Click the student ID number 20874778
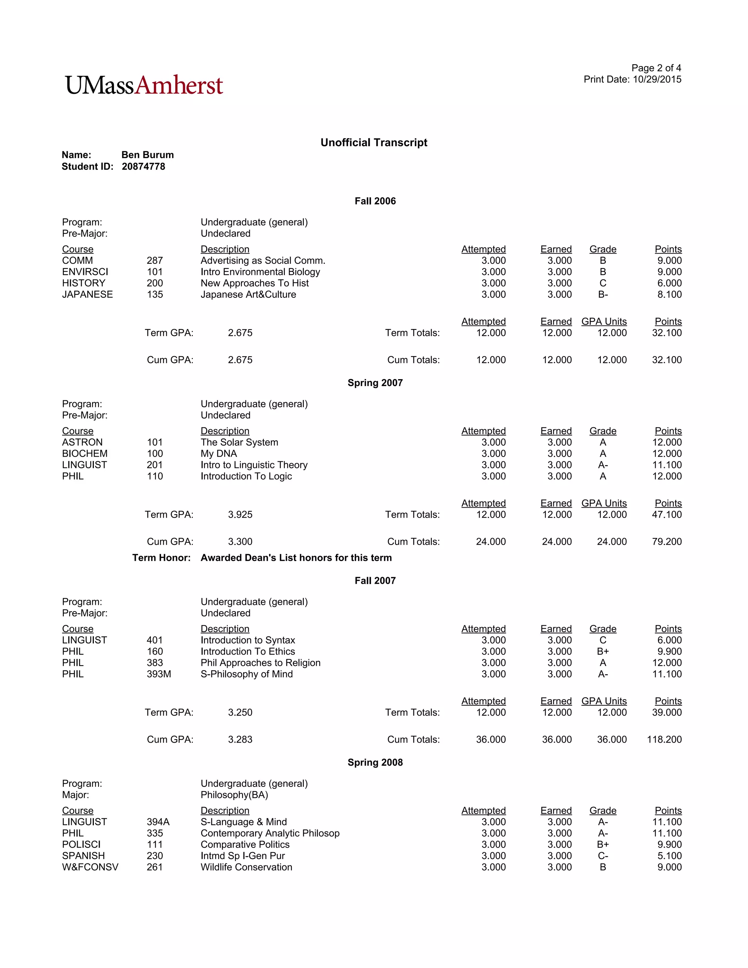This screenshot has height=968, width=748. (143, 167)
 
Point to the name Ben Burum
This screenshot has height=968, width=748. (147, 155)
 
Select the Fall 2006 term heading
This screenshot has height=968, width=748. (375, 201)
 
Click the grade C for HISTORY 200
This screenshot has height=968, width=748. (603, 283)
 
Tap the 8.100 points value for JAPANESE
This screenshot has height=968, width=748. (669, 294)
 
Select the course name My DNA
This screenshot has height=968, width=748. (218, 453)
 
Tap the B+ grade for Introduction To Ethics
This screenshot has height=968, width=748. (603, 652)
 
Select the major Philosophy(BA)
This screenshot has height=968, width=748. (234, 795)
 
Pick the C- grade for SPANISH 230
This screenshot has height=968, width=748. (603, 856)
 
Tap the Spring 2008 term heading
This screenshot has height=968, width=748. (375, 762)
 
